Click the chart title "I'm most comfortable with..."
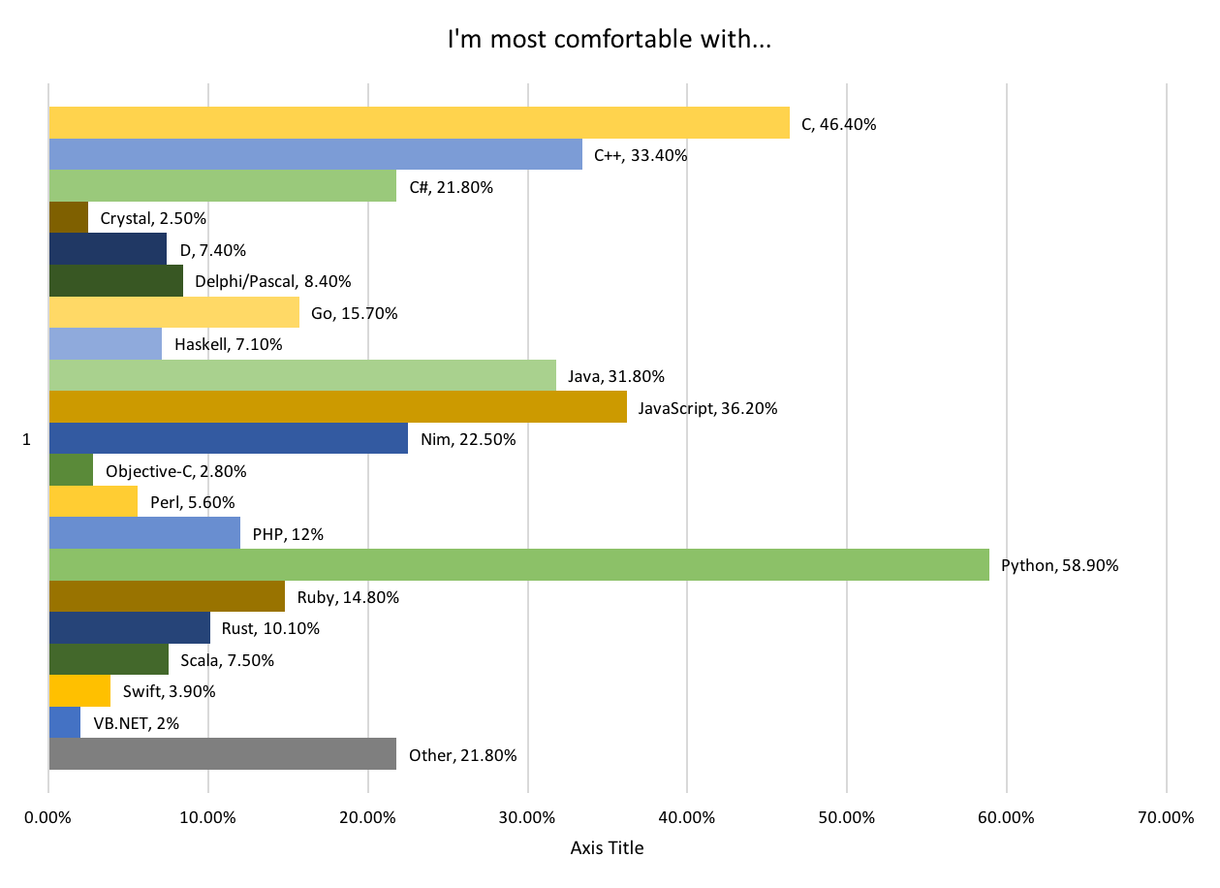[609, 41]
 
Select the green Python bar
[518, 564]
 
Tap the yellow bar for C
[419, 123]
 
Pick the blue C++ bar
[315, 154]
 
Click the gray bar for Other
[222, 753]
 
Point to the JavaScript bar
[337, 407]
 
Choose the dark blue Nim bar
[228, 438]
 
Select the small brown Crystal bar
[68, 217]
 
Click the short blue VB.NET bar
[64, 722]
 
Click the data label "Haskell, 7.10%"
[228, 344]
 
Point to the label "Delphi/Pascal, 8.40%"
[272, 281]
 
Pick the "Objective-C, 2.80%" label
[175, 471]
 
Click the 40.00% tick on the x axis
[687, 817]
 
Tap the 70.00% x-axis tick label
[1166, 817]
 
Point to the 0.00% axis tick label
[48, 817]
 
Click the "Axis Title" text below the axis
[607, 848]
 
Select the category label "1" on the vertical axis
[26, 439]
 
